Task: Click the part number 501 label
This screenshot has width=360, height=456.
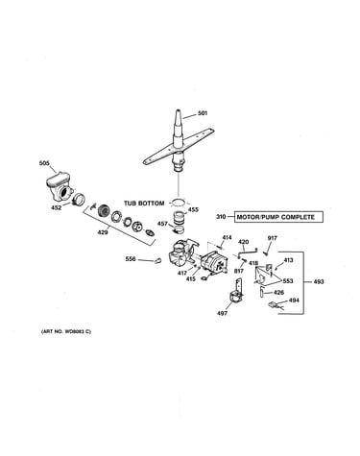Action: pyautogui.click(x=203, y=113)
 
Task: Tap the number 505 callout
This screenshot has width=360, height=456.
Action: pyautogui.click(x=44, y=163)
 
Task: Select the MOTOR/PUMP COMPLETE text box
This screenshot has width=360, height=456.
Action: pyautogui.click(x=278, y=217)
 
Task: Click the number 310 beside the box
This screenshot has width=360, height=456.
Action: pyautogui.click(x=221, y=217)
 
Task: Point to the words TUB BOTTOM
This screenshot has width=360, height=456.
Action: pyautogui.click(x=144, y=204)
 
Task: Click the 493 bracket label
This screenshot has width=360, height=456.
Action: pyautogui.click(x=319, y=282)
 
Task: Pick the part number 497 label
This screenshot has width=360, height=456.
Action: pyautogui.click(x=222, y=313)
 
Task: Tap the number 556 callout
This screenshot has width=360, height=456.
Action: pyautogui.click(x=131, y=259)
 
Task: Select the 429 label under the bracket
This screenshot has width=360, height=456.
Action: pyautogui.click(x=103, y=232)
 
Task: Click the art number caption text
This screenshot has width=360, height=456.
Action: pyautogui.click(x=66, y=331)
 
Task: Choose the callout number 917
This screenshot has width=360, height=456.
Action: pyautogui.click(x=273, y=238)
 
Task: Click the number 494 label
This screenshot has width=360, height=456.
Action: pyautogui.click(x=294, y=300)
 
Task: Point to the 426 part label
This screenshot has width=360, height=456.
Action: pyautogui.click(x=278, y=292)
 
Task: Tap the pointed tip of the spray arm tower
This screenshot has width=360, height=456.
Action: pyautogui.click(x=178, y=111)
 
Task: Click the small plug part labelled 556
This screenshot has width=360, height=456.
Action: pyautogui.click(x=157, y=261)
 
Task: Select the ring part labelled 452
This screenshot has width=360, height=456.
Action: pyautogui.click(x=78, y=200)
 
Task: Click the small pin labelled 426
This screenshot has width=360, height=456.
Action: pyautogui.click(x=261, y=291)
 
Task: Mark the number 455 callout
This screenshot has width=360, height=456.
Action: pyautogui.click(x=193, y=209)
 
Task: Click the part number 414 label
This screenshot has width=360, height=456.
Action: pyautogui.click(x=227, y=238)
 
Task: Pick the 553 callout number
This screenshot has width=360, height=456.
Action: pyautogui.click(x=288, y=281)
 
